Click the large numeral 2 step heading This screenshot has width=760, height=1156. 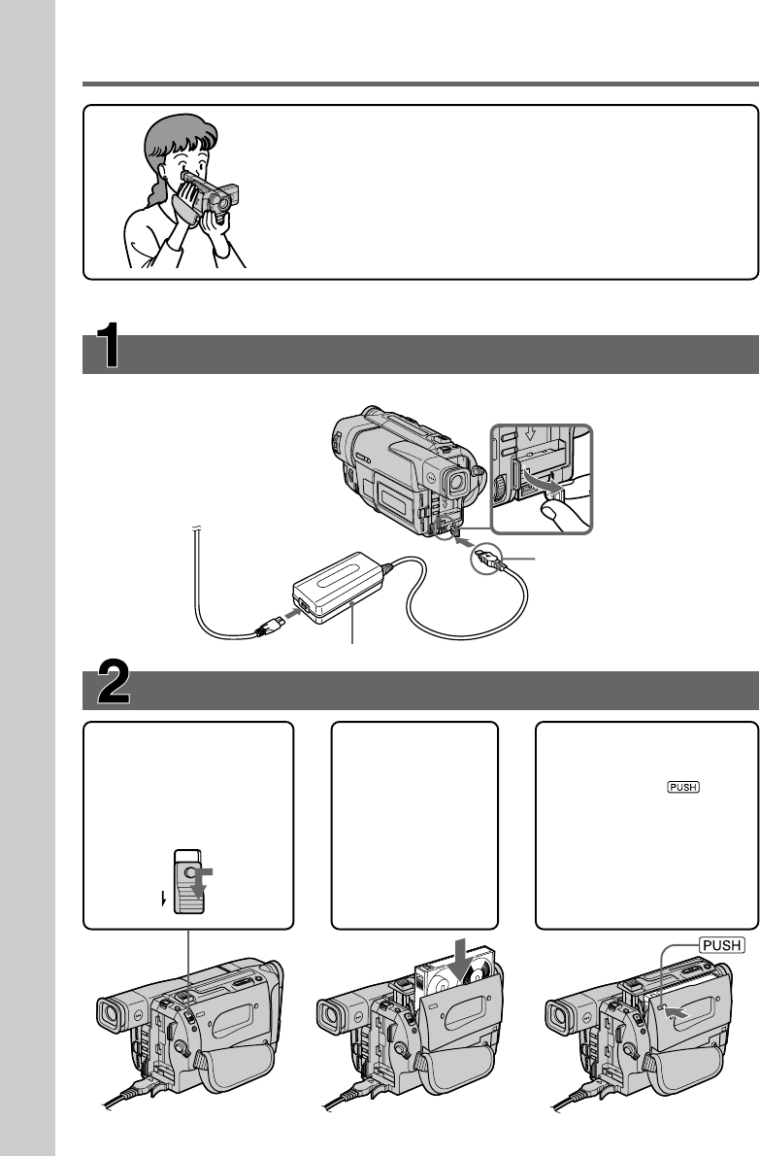(x=114, y=681)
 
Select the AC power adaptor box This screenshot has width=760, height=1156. (x=338, y=588)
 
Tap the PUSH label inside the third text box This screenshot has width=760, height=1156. (x=682, y=787)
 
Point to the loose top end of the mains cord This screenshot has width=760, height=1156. (x=197, y=527)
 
